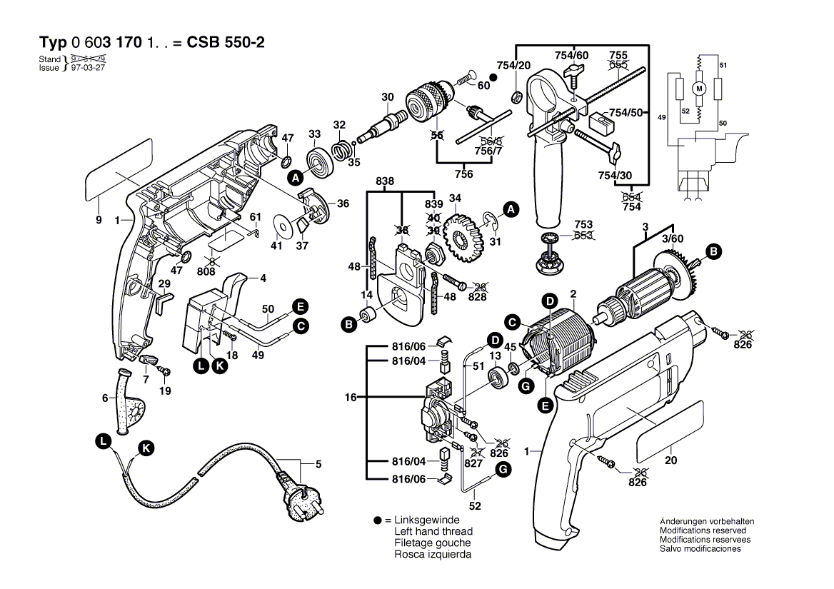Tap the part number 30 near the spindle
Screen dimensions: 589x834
[x=387, y=97]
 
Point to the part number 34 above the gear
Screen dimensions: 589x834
[x=455, y=198]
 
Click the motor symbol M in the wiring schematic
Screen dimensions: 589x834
[x=699, y=89]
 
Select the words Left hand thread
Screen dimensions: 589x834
[x=433, y=532]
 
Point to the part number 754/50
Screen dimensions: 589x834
[x=625, y=113]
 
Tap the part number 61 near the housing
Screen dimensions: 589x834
[x=256, y=217]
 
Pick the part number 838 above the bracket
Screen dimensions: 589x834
[x=385, y=182]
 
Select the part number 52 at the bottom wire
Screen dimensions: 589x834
[x=475, y=505]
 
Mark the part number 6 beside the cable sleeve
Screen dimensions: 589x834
[x=105, y=398]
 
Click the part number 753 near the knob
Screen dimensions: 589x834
[x=583, y=224]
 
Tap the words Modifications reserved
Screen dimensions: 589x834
[x=703, y=530]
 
